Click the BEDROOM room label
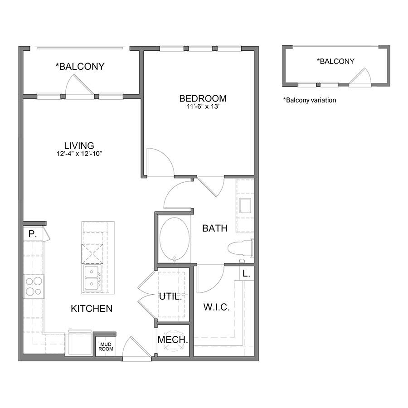point(203,98)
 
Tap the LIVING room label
point(79,146)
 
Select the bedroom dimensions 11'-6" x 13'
point(203,107)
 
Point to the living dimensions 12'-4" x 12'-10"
point(79,154)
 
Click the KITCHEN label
point(92,309)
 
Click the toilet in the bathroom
point(240,248)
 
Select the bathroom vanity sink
point(245,205)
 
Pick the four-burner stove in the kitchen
point(34,286)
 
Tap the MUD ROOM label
point(106,347)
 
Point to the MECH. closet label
point(173,340)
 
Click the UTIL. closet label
point(170,296)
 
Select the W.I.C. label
point(217,307)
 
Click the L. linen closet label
point(246,273)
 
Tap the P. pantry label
point(33,234)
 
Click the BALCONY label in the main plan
point(80,66)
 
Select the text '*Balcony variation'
point(310,100)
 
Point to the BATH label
point(215,228)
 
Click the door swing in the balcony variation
point(361,76)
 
